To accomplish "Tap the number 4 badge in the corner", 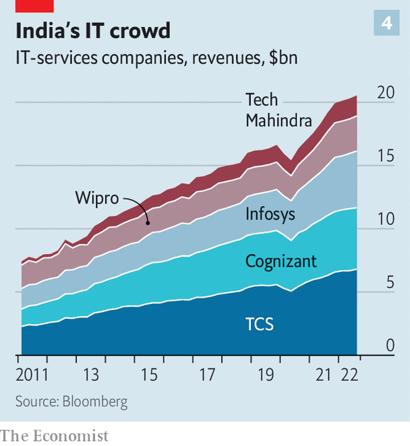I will click(387, 24).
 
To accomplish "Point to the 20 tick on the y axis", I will click(385, 93).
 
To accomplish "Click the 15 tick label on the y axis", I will click(385, 156).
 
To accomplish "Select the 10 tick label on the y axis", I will click(385, 220).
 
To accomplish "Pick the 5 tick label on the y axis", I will click(390, 283).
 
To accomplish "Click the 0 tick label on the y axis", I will click(390, 346).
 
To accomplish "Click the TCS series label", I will click(260, 324).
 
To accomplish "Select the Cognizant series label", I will click(281, 261).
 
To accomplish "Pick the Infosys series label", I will click(270, 216).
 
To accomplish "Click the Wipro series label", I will click(96, 198).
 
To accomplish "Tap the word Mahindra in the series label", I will click(279, 121).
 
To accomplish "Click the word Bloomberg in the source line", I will click(94, 402).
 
